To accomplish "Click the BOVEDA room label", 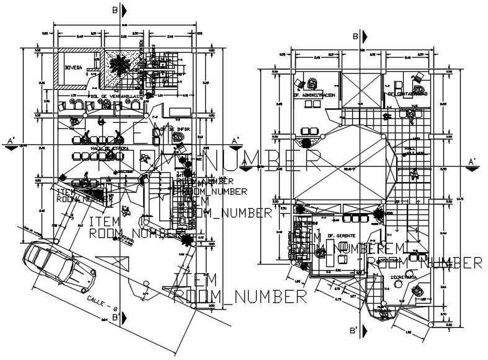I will point(73,68).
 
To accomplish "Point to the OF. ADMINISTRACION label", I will point(314,95).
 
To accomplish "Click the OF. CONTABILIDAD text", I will point(407,94).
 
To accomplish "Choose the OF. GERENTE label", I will point(339,235).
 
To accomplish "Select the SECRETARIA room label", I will point(404,275).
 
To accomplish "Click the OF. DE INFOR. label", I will point(175,130).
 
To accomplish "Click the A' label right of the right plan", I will point(472,162).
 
